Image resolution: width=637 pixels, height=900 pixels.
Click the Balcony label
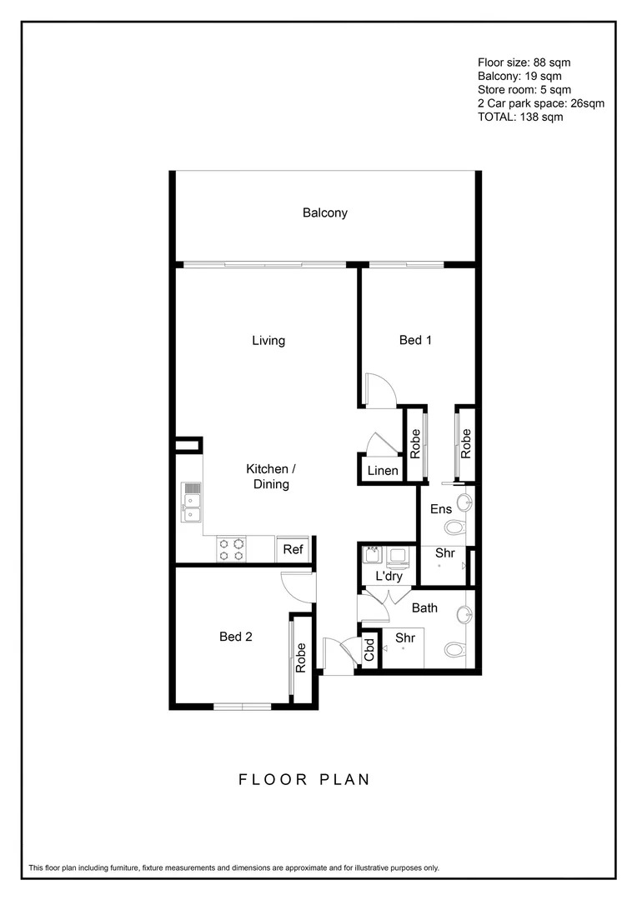(324, 212)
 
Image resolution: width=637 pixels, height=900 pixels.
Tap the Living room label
(268, 340)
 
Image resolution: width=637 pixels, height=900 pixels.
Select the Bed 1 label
(416, 340)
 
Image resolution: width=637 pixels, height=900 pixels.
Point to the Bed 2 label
(236, 637)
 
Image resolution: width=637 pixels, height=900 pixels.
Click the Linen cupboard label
(383, 472)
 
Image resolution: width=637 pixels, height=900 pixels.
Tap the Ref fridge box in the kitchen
(293, 549)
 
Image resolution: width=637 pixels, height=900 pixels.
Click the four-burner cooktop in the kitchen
(232, 549)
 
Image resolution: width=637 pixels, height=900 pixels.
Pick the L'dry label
(389, 576)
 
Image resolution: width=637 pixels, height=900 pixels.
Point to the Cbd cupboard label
(369, 650)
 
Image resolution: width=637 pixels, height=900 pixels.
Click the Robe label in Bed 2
(301, 657)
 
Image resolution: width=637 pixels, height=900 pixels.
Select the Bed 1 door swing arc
(379, 390)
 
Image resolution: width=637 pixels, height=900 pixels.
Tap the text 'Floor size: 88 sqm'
(524, 62)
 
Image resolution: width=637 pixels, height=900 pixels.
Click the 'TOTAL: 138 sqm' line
(520, 117)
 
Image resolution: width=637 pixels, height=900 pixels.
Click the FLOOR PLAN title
(304, 780)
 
